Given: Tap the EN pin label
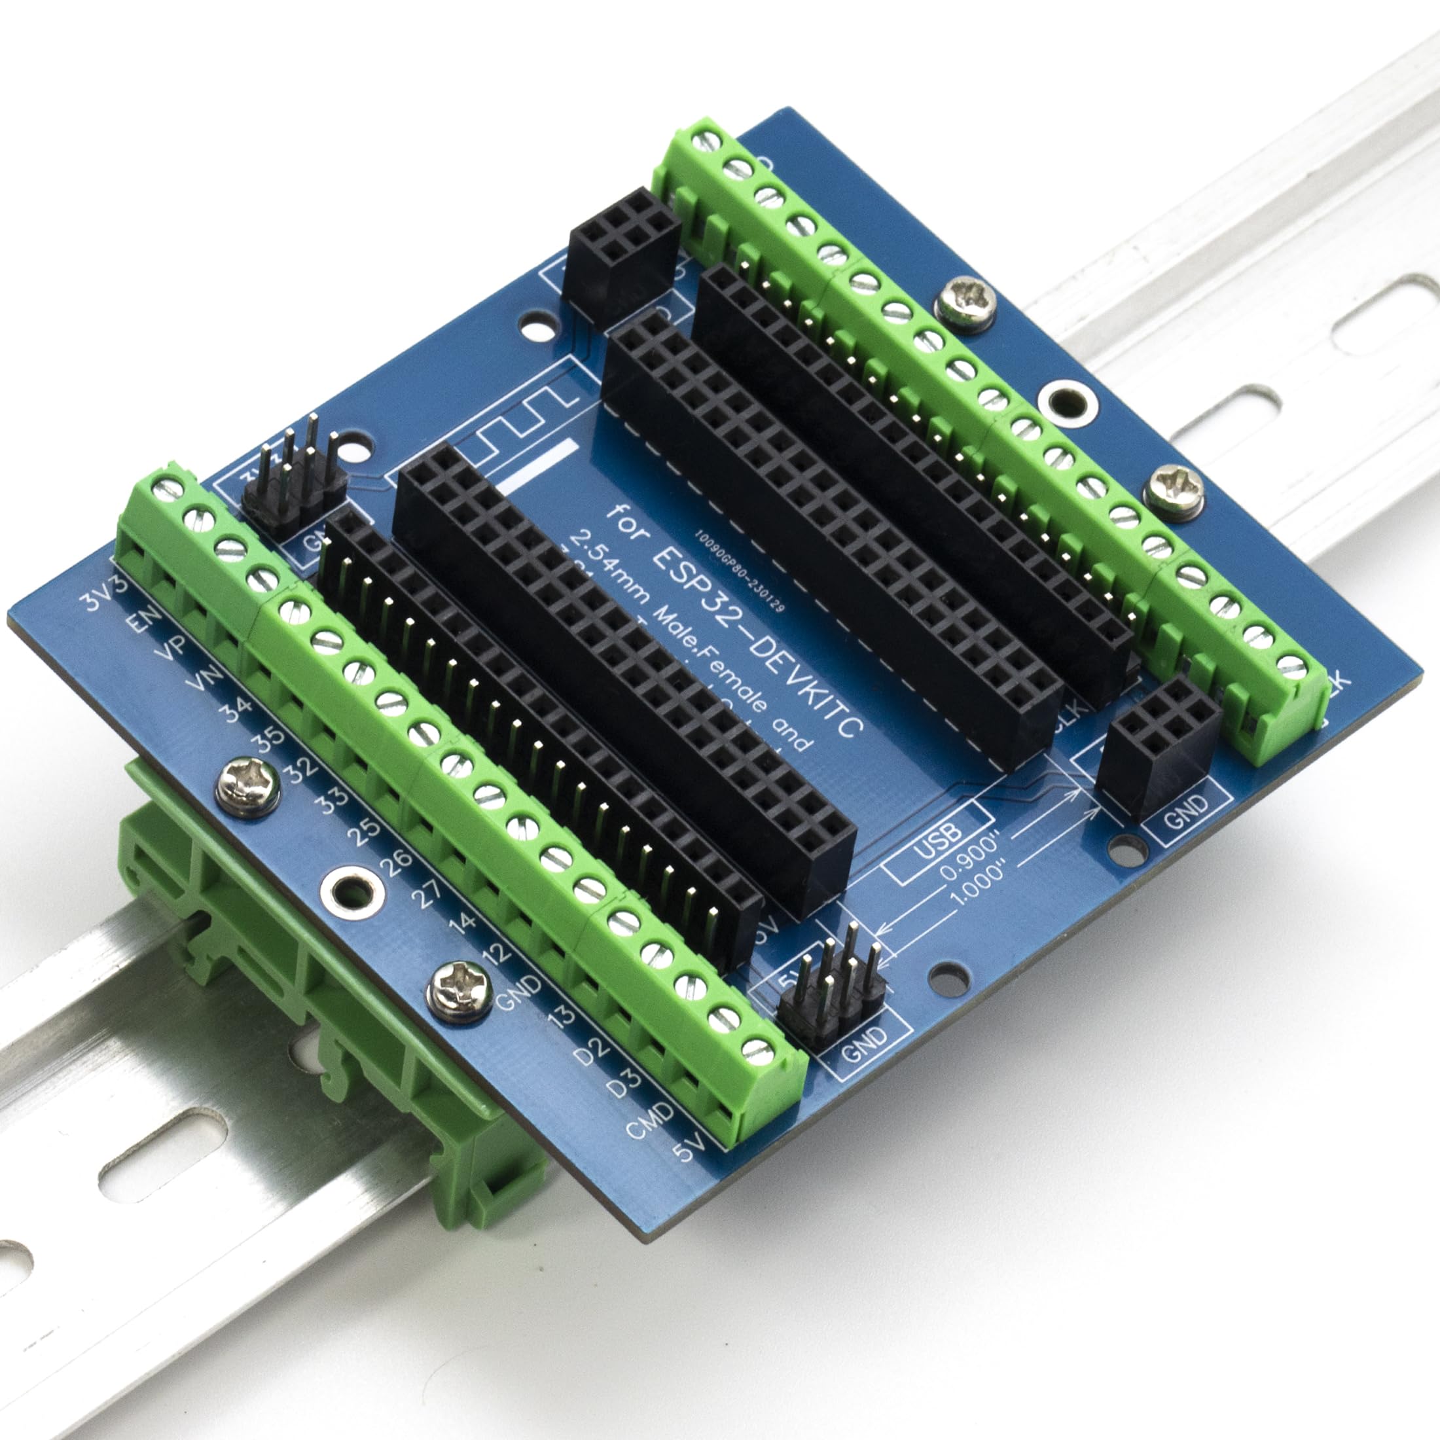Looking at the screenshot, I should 142,620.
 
